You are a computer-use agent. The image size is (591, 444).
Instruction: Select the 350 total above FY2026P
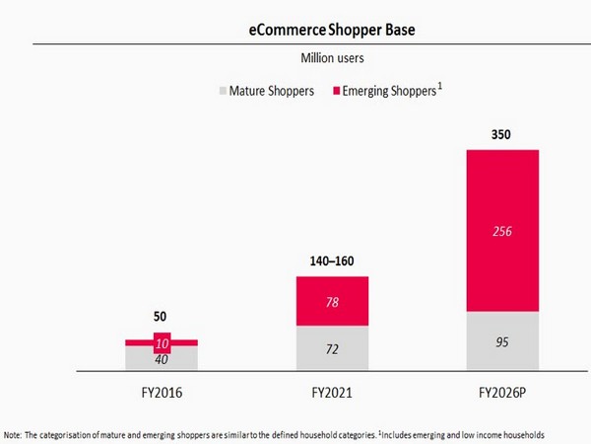click(502, 133)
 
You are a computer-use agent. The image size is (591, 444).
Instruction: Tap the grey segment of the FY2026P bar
click(502, 341)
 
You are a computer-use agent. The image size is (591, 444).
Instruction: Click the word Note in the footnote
click(15, 434)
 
